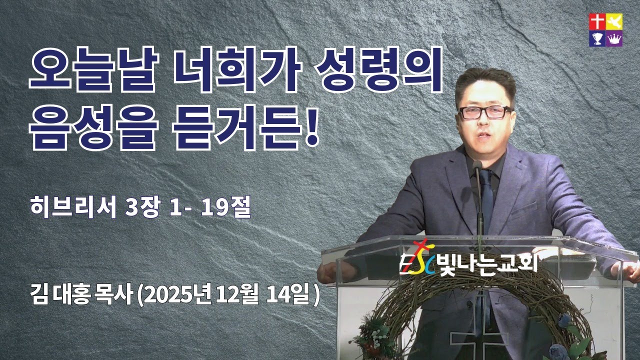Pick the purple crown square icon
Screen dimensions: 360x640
point(613,38)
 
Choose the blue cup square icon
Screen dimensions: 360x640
point(597,38)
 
